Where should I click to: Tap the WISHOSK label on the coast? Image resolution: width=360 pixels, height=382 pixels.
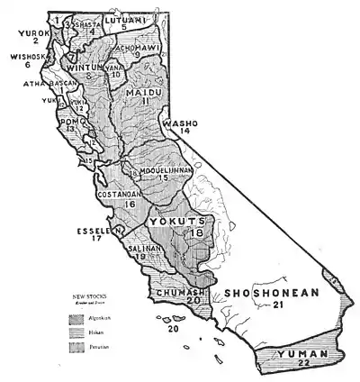click(x=22, y=55)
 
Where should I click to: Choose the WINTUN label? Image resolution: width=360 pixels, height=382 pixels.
click(x=87, y=65)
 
